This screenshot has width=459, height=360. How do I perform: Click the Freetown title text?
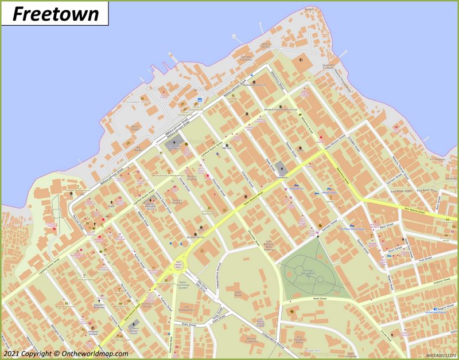click(x=55, y=14)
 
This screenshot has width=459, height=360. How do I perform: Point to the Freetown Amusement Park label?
click(x=308, y=273)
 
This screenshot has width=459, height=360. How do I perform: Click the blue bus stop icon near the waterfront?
click(x=199, y=100)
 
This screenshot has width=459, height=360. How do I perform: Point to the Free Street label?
click(x=425, y=260)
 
